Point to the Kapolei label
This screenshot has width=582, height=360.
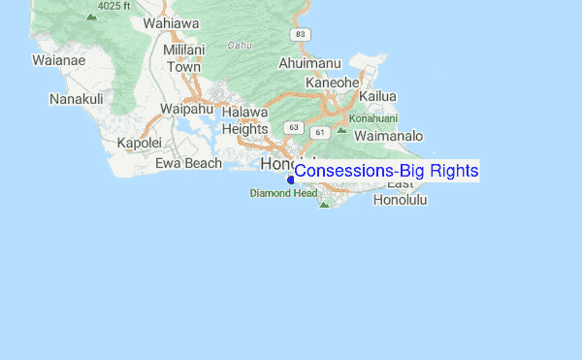(139, 143)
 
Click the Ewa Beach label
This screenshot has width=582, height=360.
(190, 163)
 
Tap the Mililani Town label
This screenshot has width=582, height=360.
(183, 58)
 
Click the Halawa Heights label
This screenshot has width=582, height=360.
(244, 121)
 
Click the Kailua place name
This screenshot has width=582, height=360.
(377, 96)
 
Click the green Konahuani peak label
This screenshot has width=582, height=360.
(374, 118)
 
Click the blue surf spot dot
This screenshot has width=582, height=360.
(291, 180)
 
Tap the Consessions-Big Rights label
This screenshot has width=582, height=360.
(386, 171)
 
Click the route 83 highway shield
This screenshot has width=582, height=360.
(303, 34)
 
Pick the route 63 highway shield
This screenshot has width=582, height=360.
(293, 127)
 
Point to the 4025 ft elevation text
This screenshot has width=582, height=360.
(113, 5)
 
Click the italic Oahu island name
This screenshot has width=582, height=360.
(240, 45)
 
